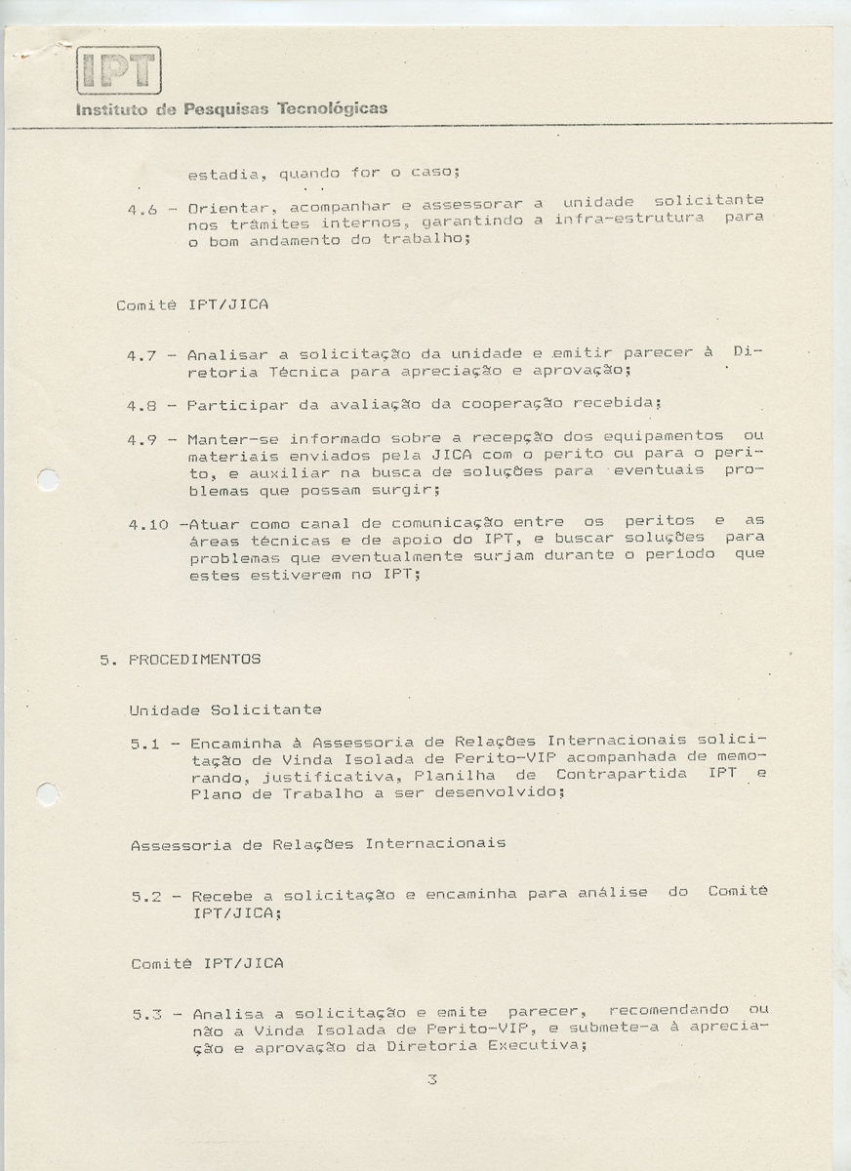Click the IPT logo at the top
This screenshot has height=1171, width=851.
pyautogui.click(x=118, y=70)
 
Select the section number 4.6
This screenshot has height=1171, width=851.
pyautogui.click(x=142, y=209)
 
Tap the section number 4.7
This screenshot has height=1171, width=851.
pyautogui.click(x=142, y=356)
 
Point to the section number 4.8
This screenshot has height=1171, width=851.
pyautogui.click(x=142, y=404)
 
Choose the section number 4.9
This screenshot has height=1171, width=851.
pyautogui.click(x=142, y=440)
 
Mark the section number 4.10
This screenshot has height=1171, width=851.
pyautogui.click(x=146, y=525)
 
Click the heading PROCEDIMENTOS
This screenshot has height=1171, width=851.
pyautogui.click(x=194, y=660)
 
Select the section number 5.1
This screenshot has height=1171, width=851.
pyautogui.click(x=145, y=745)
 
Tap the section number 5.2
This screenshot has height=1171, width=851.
pyautogui.click(x=146, y=897)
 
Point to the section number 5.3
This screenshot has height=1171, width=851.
pyautogui.click(x=147, y=1015)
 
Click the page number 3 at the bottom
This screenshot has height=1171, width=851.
pyautogui.click(x=430, y=1080)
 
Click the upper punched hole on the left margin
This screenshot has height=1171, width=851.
pyautogui.click(x=47, y=480)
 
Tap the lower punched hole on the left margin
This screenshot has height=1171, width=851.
pyautogui.click(x=47, y=794)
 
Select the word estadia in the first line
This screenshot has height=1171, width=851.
pyautogui.click(x=223, y=176)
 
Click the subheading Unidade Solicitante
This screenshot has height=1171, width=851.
pyautogui.click(x=225, y=709)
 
